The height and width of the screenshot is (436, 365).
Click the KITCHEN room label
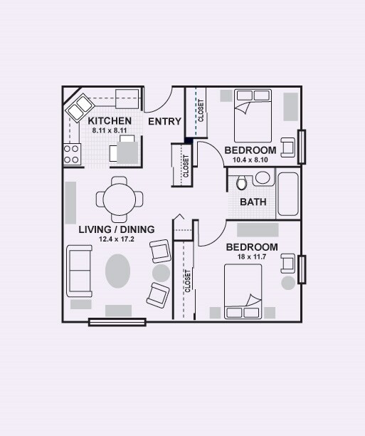coord(110,121)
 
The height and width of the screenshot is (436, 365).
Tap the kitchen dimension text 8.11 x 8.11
coord(110,131)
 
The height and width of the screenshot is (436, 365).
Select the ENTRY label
coord(164,122)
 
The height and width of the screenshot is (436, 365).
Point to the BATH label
coord(253,202)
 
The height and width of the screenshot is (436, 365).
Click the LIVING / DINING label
coord(115,229)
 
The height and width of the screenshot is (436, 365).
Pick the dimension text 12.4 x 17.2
coord(115,239)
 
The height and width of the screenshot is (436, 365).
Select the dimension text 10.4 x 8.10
coord(250,160)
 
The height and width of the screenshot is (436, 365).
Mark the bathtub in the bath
coord(288,193)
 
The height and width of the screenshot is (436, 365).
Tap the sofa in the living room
coord(79,271)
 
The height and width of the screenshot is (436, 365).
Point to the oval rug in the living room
coord(119,271)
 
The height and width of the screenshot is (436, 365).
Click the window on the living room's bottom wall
coord(117,322)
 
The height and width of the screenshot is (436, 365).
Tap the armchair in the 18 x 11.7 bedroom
coord(288,264)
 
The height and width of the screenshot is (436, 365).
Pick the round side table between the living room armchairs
coord(162,273)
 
